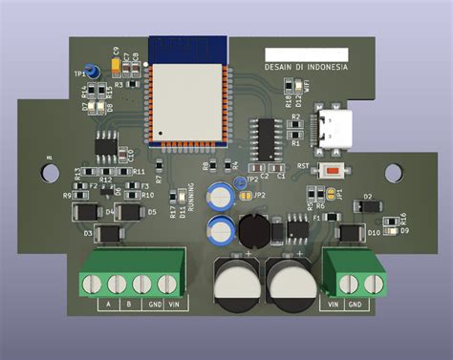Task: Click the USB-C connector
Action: click(x=337, y=127)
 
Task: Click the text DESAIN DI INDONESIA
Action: click(x=306, y=69)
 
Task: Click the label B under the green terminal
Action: click(x=129, y=306)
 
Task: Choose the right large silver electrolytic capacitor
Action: click(x=289, y=283)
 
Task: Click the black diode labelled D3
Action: click(x=111, y=232)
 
